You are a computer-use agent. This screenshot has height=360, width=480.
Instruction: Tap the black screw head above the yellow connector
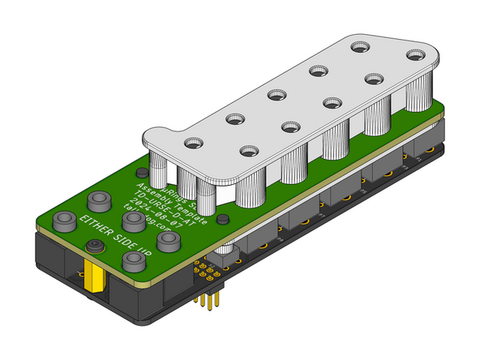[x=95, y=248]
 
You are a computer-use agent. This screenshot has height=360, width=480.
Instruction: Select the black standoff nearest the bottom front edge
[x=132, y=259]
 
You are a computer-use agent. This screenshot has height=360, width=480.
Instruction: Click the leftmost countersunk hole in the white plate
[x=191, y=144]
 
